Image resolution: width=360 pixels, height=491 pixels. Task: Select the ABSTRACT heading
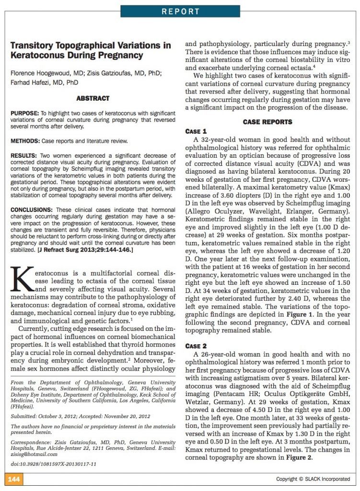[x=93, y=98]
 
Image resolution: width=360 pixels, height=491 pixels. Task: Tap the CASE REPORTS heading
[x=267, y=122]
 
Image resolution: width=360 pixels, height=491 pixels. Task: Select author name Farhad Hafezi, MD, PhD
[x=45, y=82]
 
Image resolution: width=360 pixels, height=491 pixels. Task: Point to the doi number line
[x=53, y=465]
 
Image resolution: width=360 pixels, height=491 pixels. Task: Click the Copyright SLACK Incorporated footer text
[x=313, y=479]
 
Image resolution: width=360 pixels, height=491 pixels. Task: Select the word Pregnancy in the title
[x=122, y=55]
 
